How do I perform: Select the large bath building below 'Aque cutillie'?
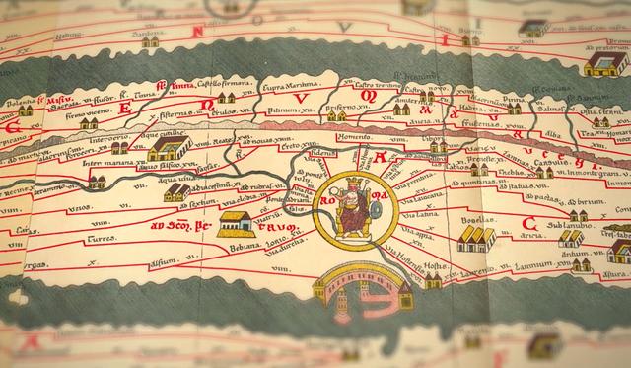coord(170,149)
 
